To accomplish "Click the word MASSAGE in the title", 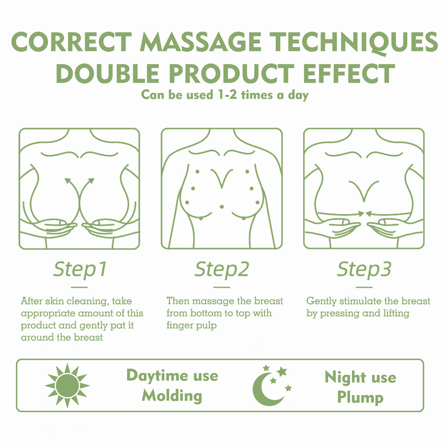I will (x=201, y=42).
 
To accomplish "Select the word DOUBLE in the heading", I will (x=107, y=73).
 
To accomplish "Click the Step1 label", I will (x=80, y=269).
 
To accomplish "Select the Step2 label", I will (x=222, y=269).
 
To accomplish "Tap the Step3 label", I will (x=364, y=269).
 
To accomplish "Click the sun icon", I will (x=67, y=385).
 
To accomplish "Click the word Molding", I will (x=172, y=396).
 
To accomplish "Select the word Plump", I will (x=360, y=397).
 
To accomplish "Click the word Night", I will (x=345, y=377).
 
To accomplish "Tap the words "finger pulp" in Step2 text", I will (x=191, y=325).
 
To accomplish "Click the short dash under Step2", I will (x=222, y=287).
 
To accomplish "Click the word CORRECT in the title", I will (x=72, y=42).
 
